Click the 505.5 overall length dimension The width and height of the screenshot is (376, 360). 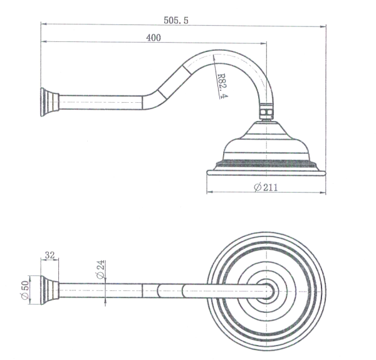[x=176, y=20]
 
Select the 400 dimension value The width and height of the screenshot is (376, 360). [x=154, y=38]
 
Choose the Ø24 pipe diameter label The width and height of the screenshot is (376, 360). [x=100, y=272]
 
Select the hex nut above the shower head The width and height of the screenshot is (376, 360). [x=267, y=112]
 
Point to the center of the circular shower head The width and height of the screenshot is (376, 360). [x=268, y=290]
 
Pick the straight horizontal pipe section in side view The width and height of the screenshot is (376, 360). [x=100, y=102]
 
